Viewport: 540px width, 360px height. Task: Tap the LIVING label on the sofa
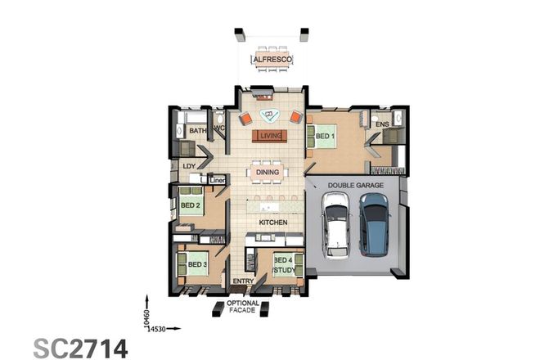pyautogui.click(x=270, y=135)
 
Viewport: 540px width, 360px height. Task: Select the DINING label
pyautogui.click(x=268, y=172)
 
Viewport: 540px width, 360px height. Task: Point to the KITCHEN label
pyautogui.click(x=272, y=222)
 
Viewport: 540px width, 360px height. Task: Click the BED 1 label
pyautogui.click(x=325, y=135)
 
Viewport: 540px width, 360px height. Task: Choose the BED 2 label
pyautogui.click(x=191, y=206)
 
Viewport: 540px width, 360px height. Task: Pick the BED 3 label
pyautogui.click(x=196, y=264)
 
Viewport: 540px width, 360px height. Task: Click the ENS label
pyautogui.click(x=380, y=124)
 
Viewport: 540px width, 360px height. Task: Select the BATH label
pyautogui.click(x=198, y=130)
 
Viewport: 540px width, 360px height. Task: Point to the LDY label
pyautogui.click(x=188, y=165)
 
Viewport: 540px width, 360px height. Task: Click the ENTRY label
pyautogui.click(x=243, y=282)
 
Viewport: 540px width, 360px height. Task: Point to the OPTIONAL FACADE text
pyautogui.click(x=243, y=307)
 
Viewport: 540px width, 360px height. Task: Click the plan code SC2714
pyautogui.click(x=80, y=347)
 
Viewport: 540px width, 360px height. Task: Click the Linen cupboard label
pyautogui.click(x=218, y=179)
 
